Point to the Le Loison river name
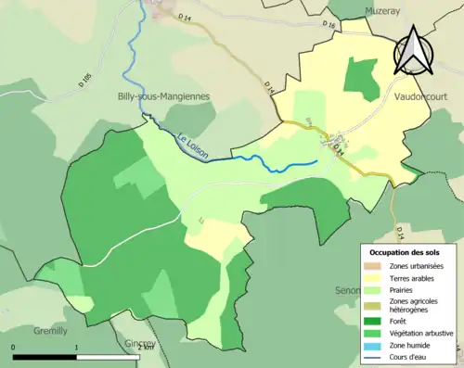pyautogui.click(x=191, y=146)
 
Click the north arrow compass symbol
pyautogui.click(x=413, y=50)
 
